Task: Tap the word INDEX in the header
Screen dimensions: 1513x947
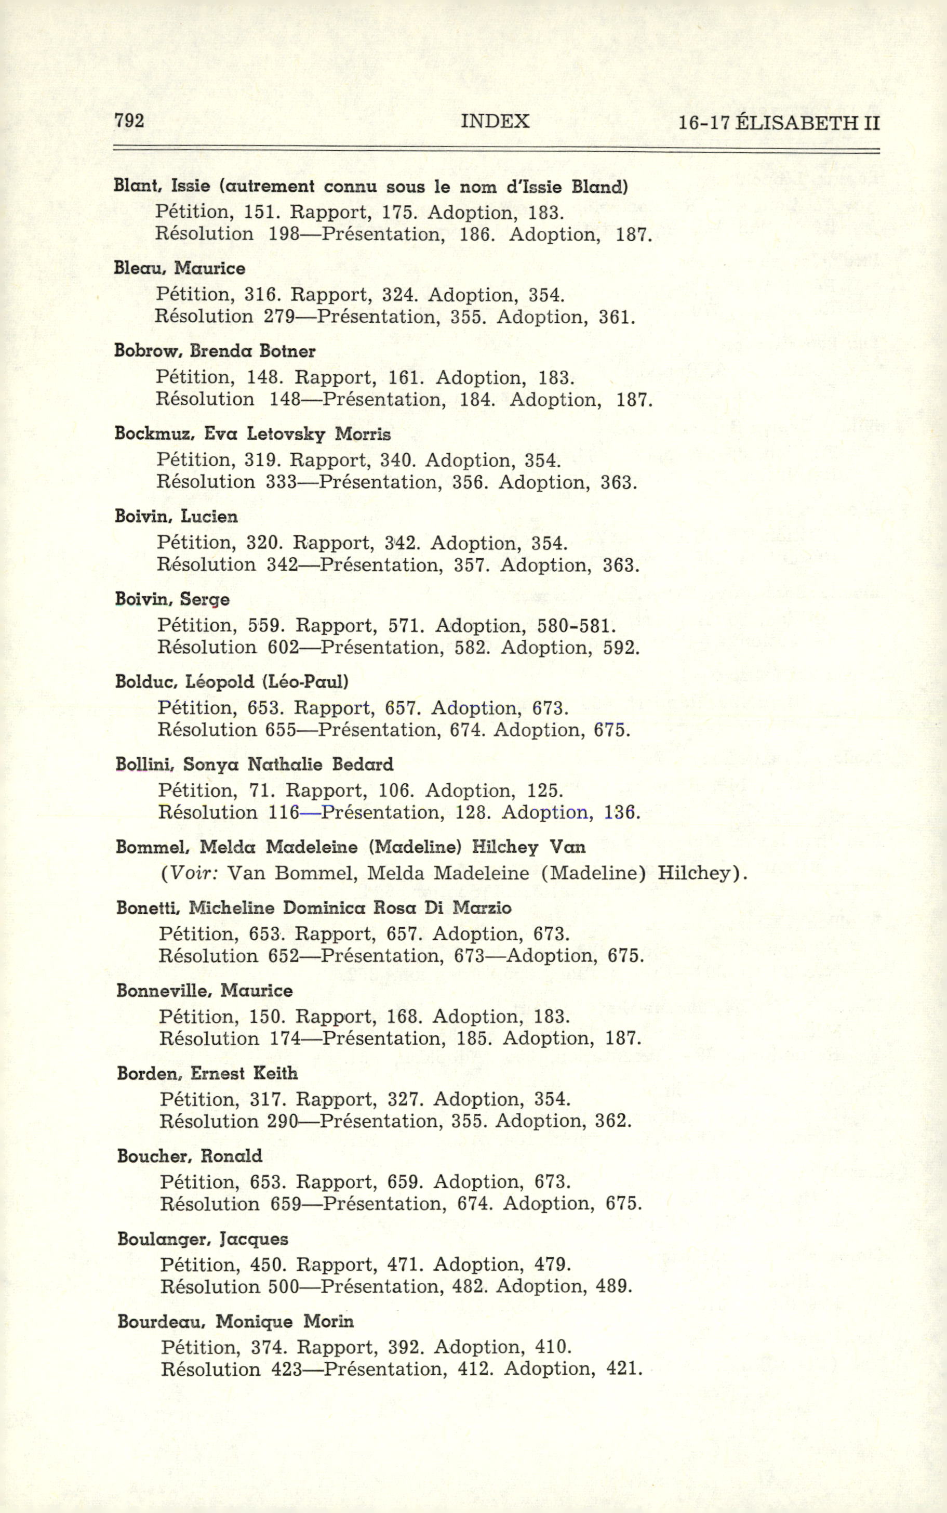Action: point(495,121)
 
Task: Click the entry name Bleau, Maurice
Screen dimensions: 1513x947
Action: point(179,268)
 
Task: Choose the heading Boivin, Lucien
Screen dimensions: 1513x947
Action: point(177,516)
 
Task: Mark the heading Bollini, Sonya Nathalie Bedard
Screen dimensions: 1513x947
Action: point(255,765)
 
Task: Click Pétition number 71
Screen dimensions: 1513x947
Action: point(259,791)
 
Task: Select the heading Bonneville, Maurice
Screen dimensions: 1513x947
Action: point(204,991)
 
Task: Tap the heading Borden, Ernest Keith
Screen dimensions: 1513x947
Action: point(207,1073)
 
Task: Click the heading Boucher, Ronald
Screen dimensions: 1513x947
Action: point(189,1156)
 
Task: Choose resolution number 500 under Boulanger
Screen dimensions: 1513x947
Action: point(284,1286)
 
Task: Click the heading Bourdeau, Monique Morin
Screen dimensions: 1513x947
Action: point(235,1321)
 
